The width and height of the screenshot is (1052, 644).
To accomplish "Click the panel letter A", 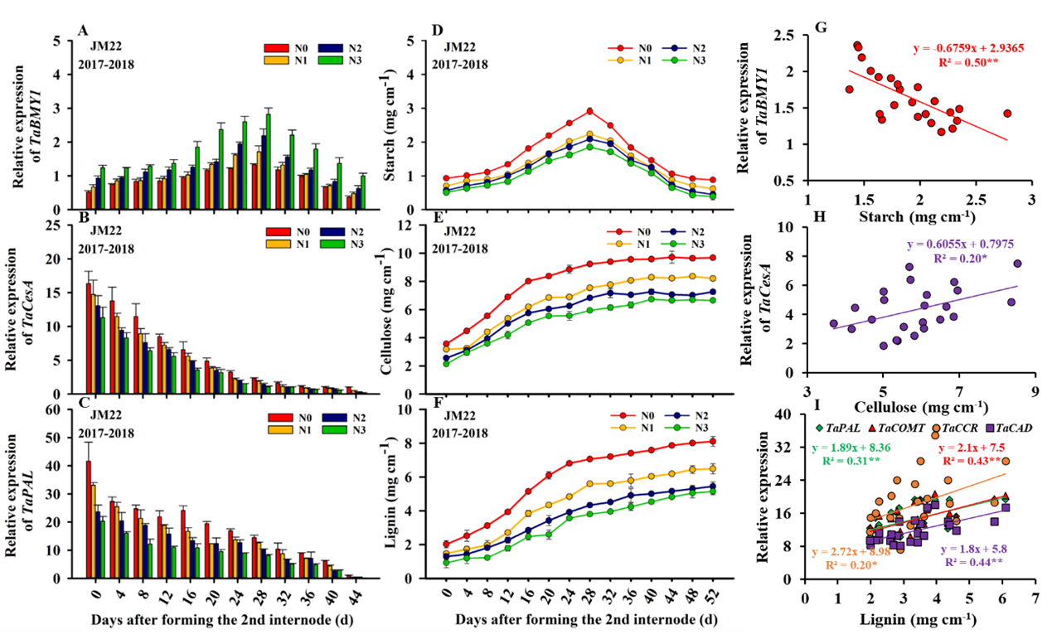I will [x=84, y=32].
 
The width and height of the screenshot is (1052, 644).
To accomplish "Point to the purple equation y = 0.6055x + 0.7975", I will [x=959, y=245].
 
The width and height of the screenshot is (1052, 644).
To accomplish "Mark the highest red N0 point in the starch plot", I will [x=589, y=111].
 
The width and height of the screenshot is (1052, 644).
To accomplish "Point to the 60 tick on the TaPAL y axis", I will [x=65, y=409].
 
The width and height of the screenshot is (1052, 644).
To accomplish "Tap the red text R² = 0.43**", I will [x=970, y=461].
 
